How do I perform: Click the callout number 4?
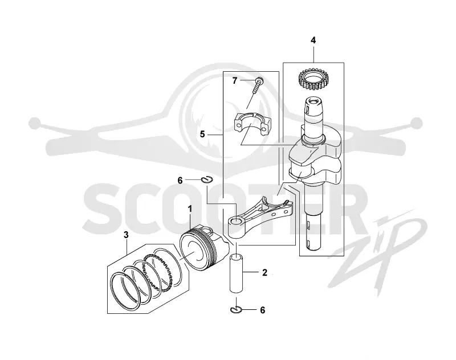click(313, 40)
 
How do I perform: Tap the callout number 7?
click(235, 81)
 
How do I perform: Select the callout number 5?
click(202, 134)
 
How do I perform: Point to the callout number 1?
click(190, 208)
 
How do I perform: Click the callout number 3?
click(126, 235)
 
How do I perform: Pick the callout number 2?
click(264, 272)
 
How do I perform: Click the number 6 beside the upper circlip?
click(180, 181)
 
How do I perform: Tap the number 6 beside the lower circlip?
click(263, 310)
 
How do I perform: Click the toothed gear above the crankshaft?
click(312, 78)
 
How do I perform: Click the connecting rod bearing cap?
click(253, 124)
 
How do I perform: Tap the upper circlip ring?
click(207, 180)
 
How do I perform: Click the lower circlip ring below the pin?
click(236, 310)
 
